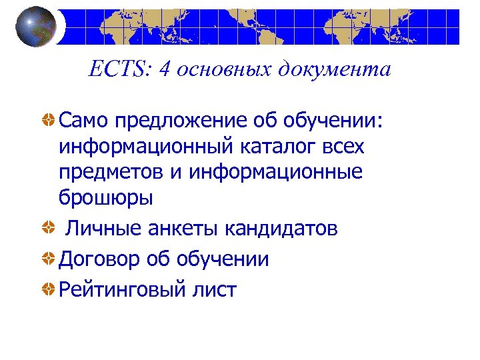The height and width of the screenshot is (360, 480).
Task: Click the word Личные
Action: (107, 229)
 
